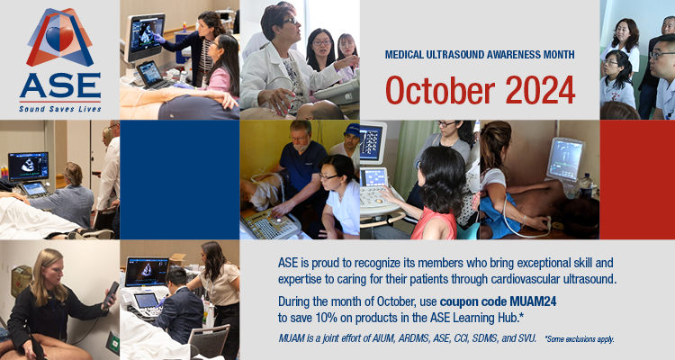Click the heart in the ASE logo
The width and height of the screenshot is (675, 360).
pos(59,39)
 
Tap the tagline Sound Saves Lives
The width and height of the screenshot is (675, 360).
pos(60,109)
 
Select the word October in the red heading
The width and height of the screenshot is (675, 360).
pos(440,90)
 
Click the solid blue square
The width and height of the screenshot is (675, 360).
pos(179,180)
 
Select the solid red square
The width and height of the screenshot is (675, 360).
pos(637,180)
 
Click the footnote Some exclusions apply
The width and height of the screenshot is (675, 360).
pos(580,339)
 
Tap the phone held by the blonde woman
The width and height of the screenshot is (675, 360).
pos(110,294)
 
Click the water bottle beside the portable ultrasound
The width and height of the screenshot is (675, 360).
pos(586,185)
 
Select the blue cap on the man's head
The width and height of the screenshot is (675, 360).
pos(352,130)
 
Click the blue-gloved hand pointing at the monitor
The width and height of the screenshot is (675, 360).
pos(158,39)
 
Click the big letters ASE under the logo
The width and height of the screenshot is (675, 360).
pos(60,85)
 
